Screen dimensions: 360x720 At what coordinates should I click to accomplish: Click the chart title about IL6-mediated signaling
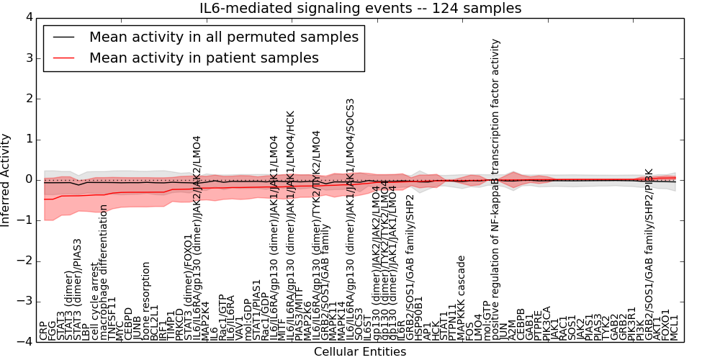360,9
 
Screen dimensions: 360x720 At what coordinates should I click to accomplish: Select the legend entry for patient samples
204,58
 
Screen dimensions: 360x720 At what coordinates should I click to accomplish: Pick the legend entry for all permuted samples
223,37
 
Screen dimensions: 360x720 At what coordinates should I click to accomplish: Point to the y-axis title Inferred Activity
6,179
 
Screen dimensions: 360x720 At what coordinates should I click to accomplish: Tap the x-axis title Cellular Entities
360,352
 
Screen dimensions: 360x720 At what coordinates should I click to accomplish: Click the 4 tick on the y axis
28,17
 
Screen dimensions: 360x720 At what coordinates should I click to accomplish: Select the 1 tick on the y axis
28,139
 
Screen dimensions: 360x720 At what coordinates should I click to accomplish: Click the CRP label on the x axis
44,331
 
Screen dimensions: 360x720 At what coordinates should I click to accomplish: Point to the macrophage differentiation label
103,272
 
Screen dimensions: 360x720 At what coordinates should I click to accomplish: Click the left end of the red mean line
44,199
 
